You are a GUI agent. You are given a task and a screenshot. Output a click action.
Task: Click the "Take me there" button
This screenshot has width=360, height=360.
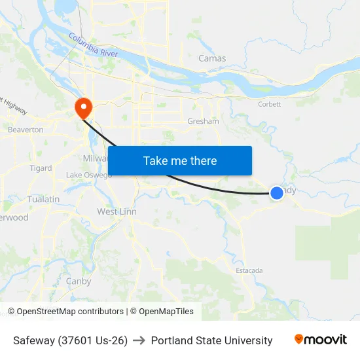click(x=180, y=160)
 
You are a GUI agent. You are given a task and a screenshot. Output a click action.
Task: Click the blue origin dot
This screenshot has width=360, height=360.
click(x=277, y=192)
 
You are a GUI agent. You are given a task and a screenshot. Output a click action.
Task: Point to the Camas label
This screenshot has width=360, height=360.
click(x=212, y=58)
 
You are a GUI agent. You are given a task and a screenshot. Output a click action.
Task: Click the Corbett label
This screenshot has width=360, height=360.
click(x=268, y=104)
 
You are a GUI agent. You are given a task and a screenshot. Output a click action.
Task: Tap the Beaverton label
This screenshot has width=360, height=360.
click(x=26, y=130)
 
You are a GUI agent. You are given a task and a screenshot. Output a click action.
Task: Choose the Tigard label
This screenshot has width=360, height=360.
click(x=41, y=168)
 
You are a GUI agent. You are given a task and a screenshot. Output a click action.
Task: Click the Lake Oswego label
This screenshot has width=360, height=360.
click(x=88, y=175)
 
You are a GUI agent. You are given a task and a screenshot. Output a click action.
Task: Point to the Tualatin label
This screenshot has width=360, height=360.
click(x=43, y=199)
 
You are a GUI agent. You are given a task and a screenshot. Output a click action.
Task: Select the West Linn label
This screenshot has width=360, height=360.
click(x=117, y=211)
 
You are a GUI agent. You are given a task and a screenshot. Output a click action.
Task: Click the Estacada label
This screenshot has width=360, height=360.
click(x=249, y=270)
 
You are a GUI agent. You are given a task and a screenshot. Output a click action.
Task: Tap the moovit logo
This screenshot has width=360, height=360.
click(x=321, y=340)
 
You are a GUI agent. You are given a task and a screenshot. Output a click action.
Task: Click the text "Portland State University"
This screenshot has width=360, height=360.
click(x=211, y=340)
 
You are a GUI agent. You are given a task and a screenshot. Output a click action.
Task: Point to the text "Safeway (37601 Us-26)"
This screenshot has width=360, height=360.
click(x=70, y=340)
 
